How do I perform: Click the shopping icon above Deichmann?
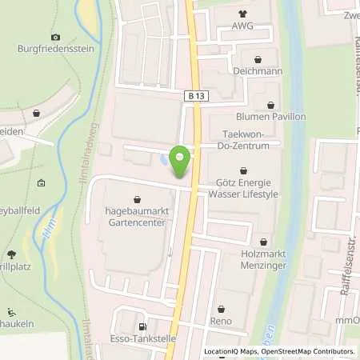tap(258, 59)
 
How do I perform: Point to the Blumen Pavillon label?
tap(270, 116)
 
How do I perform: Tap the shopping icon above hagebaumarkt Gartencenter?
tap(138, 200)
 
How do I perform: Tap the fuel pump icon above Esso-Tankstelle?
tap(143, 326)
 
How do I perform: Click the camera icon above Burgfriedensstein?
tap(55, 37)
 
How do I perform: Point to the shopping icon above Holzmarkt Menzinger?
tap(264, 241)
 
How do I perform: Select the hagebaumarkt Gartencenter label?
tap(138, 218)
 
